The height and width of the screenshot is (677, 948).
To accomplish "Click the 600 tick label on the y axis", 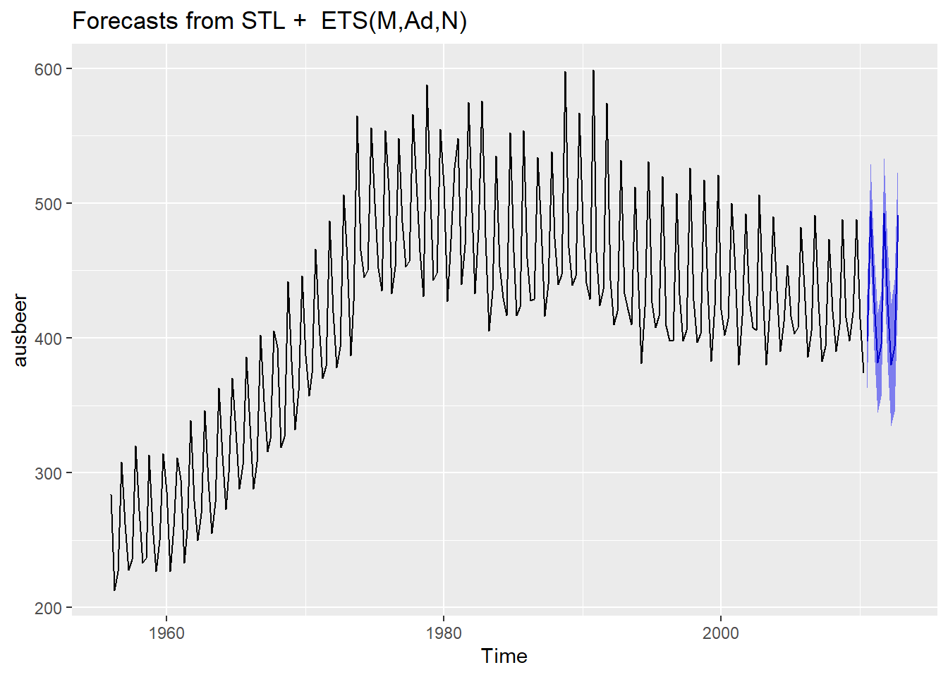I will [x=49, y=69].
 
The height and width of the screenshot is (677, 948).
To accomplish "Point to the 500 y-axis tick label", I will [x=49, y=204].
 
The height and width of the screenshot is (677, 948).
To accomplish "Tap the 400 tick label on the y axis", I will [x=49, y=338].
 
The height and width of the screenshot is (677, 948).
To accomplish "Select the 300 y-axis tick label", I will [x=49, y=473].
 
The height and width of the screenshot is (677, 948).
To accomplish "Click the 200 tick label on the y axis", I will [x=49, y=608].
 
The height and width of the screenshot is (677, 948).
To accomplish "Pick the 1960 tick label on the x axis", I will [x=166, y=633].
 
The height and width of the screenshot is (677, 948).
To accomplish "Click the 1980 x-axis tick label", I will [x=444, y=633].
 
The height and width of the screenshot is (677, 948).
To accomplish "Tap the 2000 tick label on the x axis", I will [x=721, y=633].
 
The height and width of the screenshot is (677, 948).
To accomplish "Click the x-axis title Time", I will [x=504, y=656].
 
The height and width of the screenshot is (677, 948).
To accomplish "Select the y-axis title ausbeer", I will [x=20, y=330].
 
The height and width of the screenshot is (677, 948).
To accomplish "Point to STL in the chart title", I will [x=263, y=21].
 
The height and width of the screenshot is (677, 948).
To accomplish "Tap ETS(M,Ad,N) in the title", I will [x=394, y=21].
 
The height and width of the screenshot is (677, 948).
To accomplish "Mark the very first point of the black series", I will [x=111, y=495].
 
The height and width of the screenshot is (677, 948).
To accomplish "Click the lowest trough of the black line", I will [x=114, y=590].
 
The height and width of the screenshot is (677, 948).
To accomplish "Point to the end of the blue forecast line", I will [x=898, y=216].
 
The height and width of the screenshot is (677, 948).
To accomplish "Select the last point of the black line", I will [x=863, y=372].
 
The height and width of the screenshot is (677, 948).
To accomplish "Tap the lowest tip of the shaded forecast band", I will [x=892, y=426].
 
